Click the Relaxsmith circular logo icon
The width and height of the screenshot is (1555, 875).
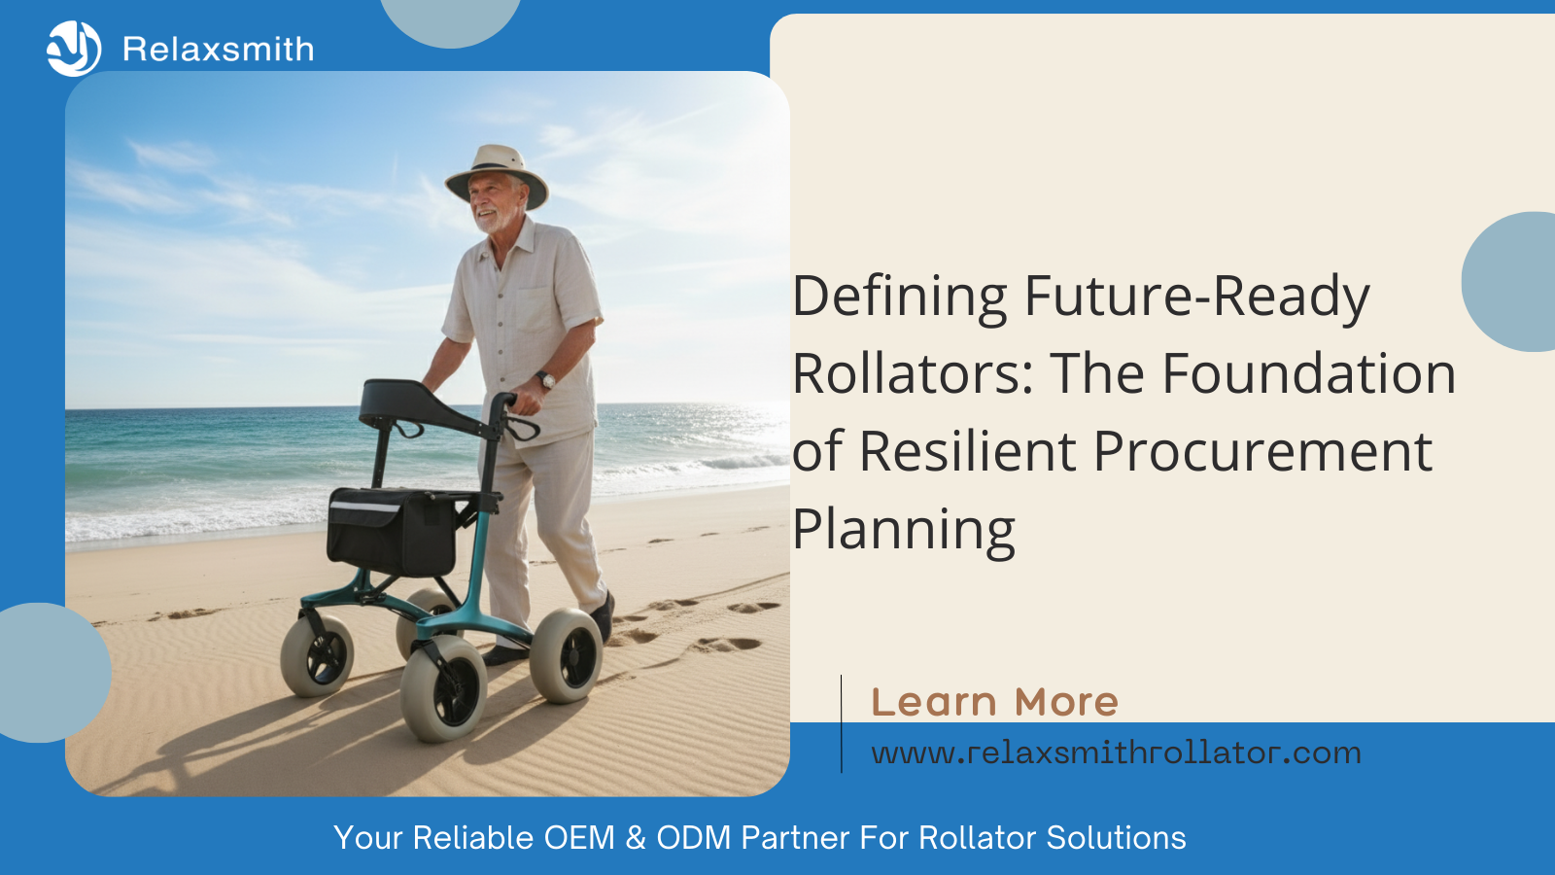pos(74,49)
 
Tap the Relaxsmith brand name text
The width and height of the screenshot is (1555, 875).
pos(218,50)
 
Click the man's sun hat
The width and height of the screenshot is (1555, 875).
pos(497,175)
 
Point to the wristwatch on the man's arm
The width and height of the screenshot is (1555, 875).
pos(546,380)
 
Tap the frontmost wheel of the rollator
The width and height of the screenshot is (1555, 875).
pos(443,688)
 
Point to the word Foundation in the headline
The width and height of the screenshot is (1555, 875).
pos(1309,373)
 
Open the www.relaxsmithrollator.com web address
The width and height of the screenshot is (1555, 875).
pos(1117,752)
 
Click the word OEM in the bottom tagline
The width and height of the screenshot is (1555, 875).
pos(579,837)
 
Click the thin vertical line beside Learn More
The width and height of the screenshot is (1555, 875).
pos(842,723)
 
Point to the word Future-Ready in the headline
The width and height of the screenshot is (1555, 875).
pos(1196,297)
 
